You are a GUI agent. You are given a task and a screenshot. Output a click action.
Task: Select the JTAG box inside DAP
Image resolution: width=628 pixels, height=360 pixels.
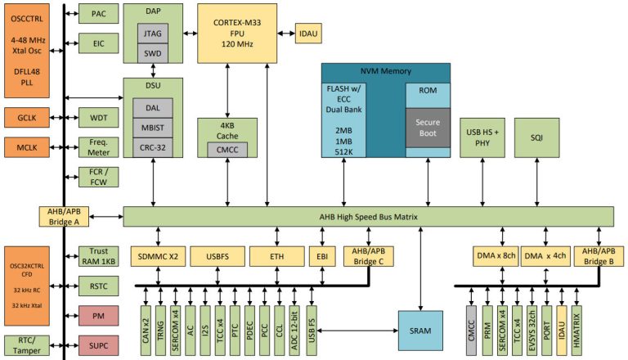(x=152, y=34)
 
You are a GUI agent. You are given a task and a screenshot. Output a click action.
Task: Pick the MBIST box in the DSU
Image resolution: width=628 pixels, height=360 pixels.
(x=152, y=127)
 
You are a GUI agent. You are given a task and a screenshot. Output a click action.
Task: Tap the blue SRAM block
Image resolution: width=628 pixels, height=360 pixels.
(x=420, y=330)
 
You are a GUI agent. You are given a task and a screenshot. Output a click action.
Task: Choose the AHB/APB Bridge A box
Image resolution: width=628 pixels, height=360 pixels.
(x=63, y=217)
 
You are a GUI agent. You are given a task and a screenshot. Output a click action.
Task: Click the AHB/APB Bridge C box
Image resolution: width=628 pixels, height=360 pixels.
(x=369, y=256)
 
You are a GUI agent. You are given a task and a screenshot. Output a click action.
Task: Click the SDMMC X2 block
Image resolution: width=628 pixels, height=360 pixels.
(x=157, y=256)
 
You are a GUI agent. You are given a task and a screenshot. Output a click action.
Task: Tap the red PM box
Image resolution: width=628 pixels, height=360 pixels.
(x=99, y=315)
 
